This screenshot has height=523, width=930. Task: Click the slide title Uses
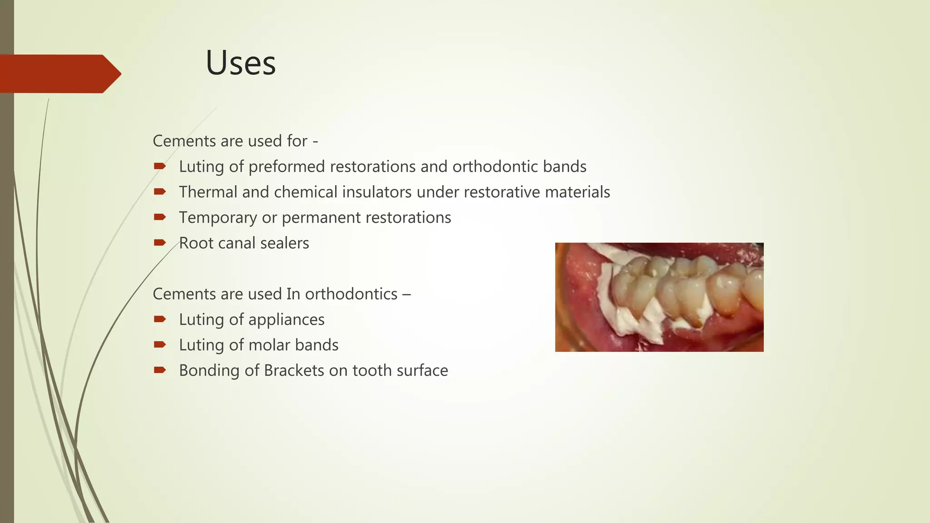(241, 63)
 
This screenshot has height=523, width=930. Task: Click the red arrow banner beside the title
(59, 74)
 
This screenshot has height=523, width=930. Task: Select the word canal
(237, 243)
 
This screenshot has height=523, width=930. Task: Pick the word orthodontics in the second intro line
(351, 294)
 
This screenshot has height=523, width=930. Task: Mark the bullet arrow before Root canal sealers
(159, 242)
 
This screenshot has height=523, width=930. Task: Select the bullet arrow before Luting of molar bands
(159, 345)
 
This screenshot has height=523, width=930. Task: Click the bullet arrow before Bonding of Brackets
(159, 370)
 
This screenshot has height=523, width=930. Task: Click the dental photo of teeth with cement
(659, 297)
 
